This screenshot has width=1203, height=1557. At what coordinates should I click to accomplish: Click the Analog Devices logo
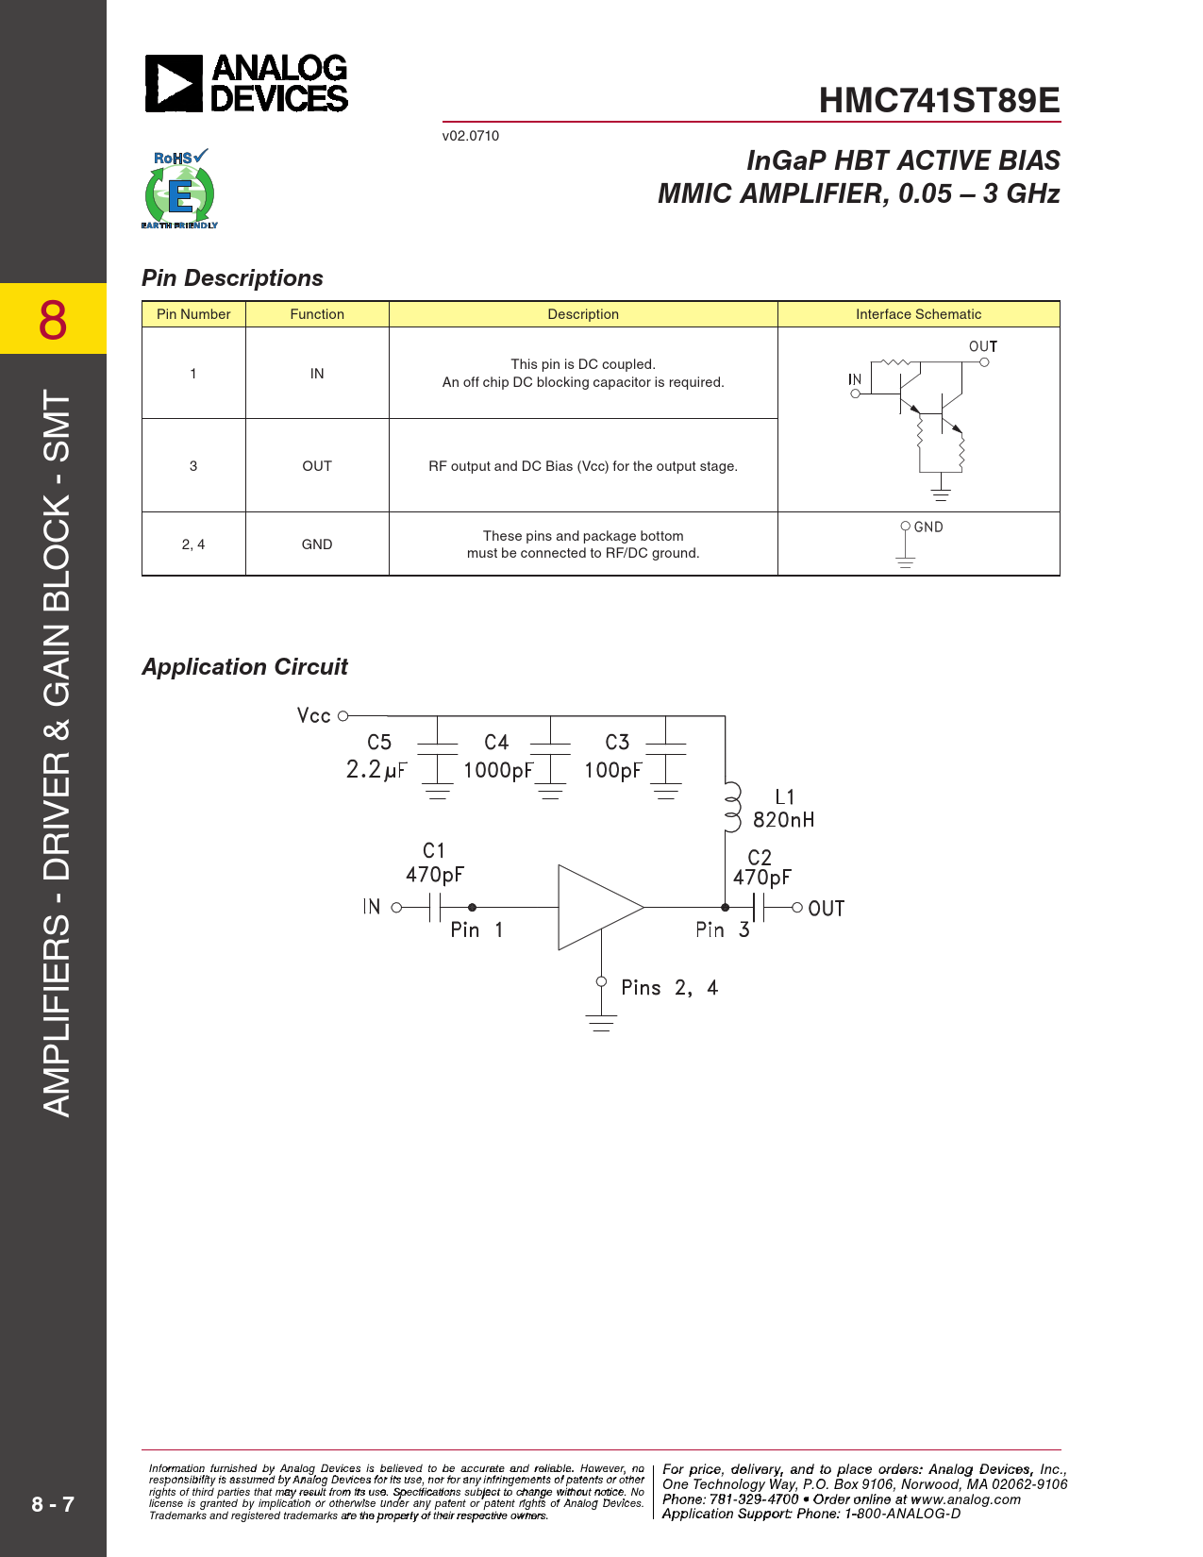[246, 83]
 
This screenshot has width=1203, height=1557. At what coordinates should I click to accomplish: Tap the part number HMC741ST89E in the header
[939, 101]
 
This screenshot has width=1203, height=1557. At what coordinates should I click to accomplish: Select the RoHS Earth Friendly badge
[179, 190]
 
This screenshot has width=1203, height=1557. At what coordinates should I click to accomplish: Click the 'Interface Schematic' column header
[918, 314]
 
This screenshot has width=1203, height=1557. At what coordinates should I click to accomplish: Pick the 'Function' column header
[317, 314]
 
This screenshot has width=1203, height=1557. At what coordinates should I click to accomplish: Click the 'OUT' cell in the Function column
[317, 466]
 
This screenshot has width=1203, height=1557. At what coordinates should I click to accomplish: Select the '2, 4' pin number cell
[193, 544]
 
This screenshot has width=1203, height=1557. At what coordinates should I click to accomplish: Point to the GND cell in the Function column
[317, 544]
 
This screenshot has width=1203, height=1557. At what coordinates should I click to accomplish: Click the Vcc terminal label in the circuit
[314, 716]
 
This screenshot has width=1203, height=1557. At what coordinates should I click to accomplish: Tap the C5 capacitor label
[379, 743]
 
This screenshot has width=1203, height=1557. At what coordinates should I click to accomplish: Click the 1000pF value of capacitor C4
[497, 770]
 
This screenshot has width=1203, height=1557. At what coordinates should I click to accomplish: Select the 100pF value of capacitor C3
[612, 770]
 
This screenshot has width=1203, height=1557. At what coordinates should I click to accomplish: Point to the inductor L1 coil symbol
[731, 808]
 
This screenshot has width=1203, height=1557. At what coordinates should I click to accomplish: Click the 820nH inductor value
[783, 820]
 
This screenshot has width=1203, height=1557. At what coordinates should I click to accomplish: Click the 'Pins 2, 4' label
[669, 988]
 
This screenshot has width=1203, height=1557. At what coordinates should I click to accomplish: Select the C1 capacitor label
[434, 851]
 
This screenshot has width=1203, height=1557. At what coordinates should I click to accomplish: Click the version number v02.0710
[471, 136]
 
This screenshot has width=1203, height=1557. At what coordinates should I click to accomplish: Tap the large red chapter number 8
[53, 320]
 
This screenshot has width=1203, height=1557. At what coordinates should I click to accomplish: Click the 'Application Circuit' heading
[244, 667]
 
